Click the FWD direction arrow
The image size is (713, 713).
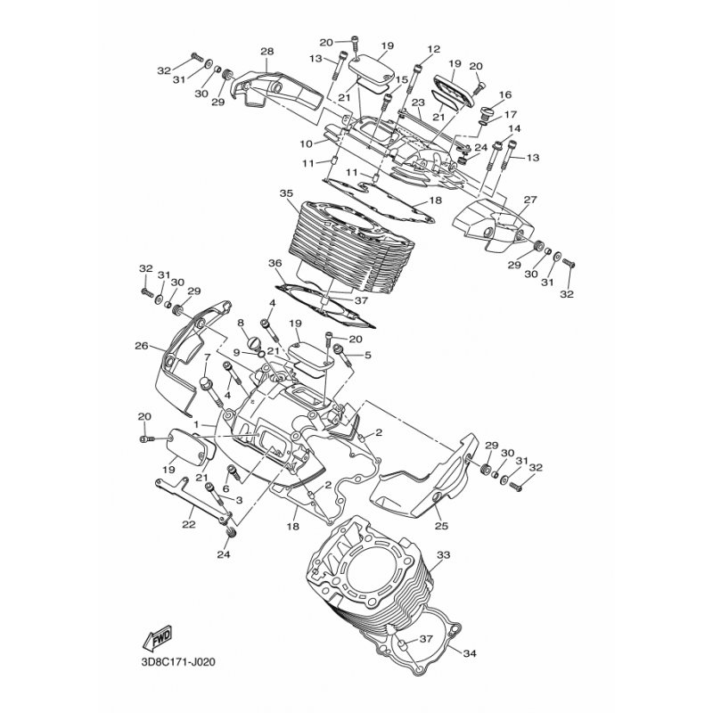[157, 639]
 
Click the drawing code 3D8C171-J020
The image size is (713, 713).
[178, 663]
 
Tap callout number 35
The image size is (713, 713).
[285, 193]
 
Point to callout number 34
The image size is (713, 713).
[470, 653]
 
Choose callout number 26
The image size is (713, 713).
[141, 346]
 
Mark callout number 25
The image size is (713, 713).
[440, 526]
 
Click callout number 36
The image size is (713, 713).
[275, 264]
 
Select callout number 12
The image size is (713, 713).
[434, 49]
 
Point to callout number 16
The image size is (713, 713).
[505, 94]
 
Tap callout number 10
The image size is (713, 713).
[307, 143]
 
